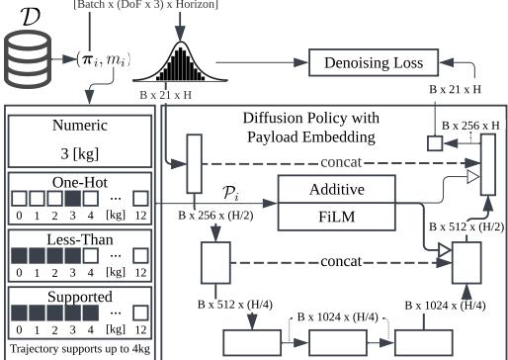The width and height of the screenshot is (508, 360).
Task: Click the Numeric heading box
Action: click(78, 126)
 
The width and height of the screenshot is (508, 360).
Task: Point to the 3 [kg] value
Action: click(78, 155)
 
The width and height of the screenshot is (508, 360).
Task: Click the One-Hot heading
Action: click(78, 182)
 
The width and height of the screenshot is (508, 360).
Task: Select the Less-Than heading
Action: click(78, 239)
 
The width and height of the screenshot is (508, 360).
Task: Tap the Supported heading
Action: click(78, 296)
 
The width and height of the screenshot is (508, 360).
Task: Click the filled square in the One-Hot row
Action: click(74, 200)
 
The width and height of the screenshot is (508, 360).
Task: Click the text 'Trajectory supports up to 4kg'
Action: click(78, 349)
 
